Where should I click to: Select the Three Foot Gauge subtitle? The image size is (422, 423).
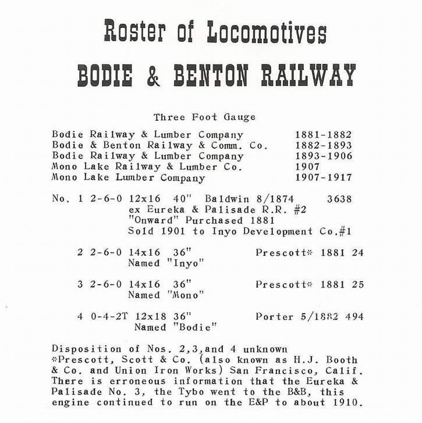[204, 117]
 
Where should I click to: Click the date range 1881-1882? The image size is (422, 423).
[323, 135]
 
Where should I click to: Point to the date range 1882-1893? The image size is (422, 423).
[323, 146]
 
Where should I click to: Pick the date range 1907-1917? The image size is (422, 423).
[323, 178]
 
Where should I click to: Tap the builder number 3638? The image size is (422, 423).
[339, 199]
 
